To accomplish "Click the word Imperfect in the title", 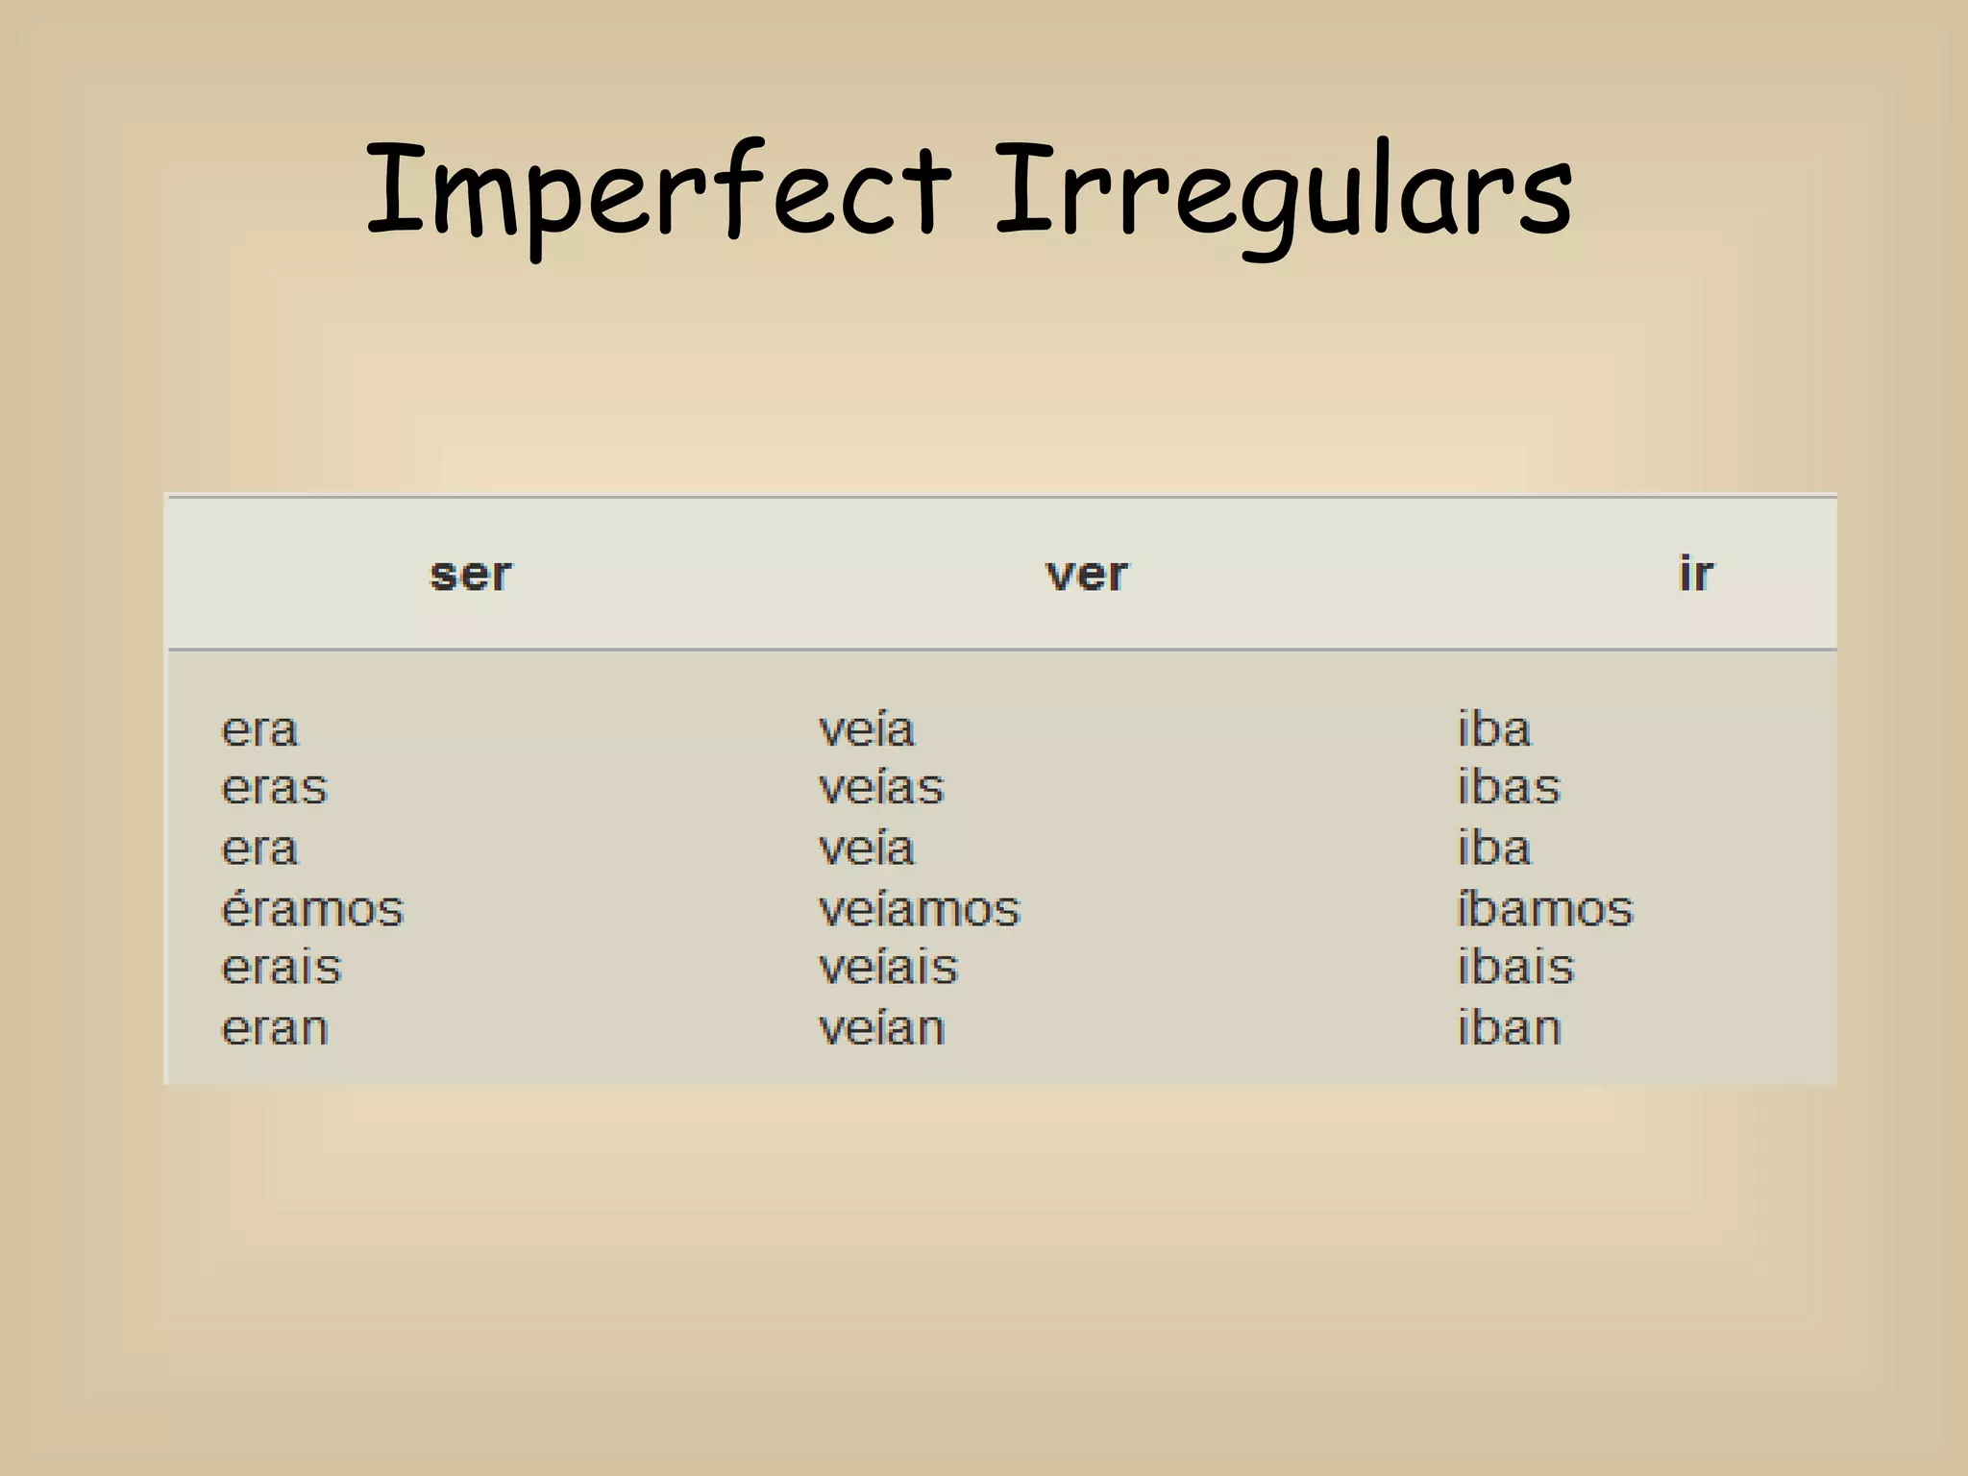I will pos(659,190).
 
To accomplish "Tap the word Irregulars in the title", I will pos(1284,190).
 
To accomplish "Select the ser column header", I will pos(471,575).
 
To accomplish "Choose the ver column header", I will pos(1086,575).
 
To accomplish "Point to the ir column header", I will pos(1695,575).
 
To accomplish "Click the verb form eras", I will pos(275,788).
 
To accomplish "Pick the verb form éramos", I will pos(312,908).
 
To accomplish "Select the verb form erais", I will pos(282,968).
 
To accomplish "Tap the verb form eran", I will pos(275,1028).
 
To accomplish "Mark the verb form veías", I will pos(881,788).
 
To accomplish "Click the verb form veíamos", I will pos(919,908).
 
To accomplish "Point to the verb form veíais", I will pos(888,968).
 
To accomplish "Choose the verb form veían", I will pos(881,1028).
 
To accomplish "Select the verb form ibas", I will pos(1509,788).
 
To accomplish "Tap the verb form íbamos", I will pos(1545,908).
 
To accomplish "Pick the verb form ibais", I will pos(1515,968).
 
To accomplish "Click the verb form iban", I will pos(1509,1028).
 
